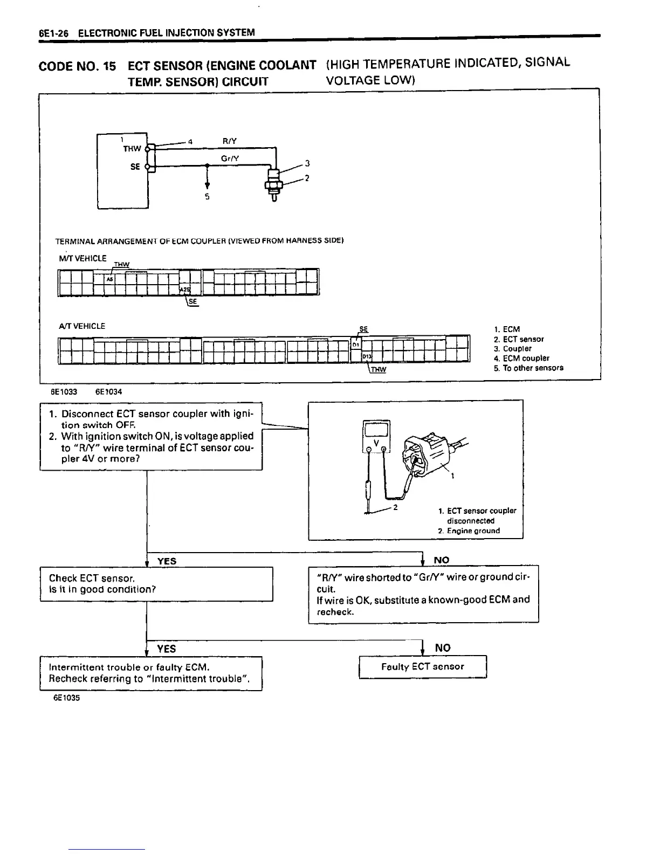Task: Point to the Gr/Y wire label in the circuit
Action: (230, 159)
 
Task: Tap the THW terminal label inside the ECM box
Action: (132, 149)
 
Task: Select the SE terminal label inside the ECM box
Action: (135, 167)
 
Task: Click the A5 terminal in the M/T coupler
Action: (109, 280)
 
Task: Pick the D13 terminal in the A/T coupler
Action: (367, 356)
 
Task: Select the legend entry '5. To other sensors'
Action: (528, 368)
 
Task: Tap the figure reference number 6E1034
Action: (108, 392)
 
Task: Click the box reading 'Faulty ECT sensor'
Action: (423, 667)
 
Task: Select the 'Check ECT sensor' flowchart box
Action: (156, 583)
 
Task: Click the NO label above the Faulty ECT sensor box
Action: (443, 648)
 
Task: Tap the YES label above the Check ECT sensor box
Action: (167, 561)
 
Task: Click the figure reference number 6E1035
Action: (66, 698)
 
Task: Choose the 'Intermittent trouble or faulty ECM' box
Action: (150, 673)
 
